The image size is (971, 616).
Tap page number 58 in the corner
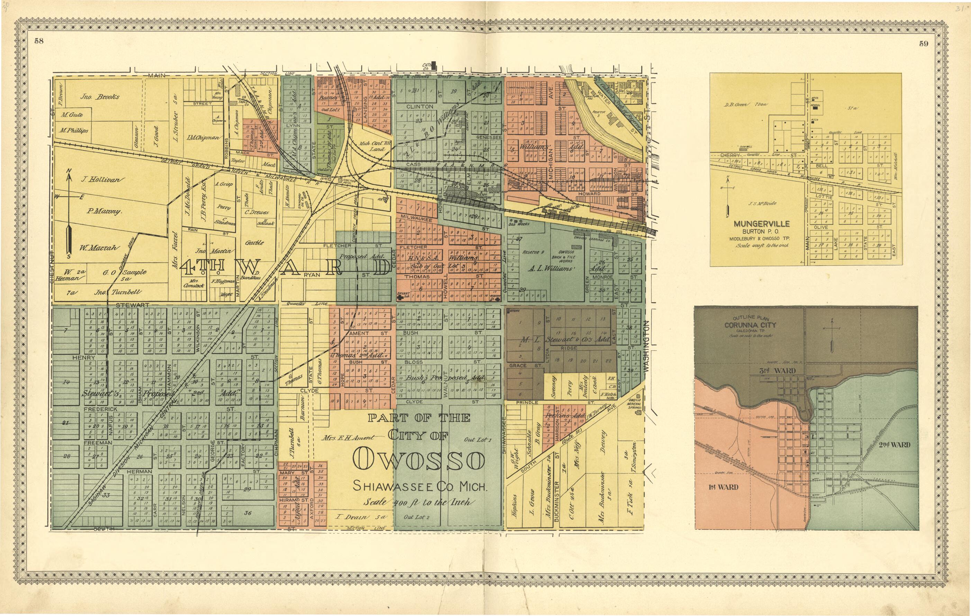tap(39, 41)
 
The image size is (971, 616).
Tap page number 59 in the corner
tap(924, 44)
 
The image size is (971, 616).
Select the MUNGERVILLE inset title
tap(761, 223)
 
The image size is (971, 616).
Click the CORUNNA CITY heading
tap(749, 325)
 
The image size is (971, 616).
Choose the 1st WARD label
tap(723, 487)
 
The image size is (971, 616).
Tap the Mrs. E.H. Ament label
tap(348, 437)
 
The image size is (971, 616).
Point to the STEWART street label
tap(133, 305)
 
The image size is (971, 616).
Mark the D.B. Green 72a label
tap(746, 105)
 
